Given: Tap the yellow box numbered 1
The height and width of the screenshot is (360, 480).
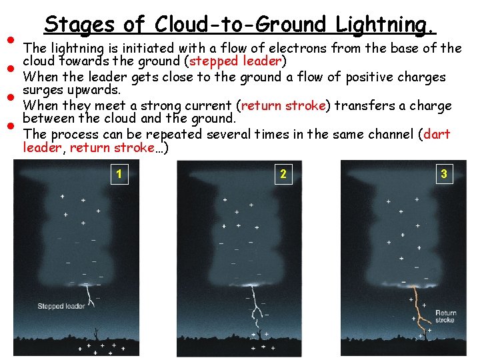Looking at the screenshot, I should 119,175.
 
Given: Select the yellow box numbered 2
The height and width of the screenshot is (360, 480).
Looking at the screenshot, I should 283,175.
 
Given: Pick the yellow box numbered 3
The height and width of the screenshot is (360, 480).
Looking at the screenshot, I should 443,175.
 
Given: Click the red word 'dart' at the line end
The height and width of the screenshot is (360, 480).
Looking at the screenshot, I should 437,134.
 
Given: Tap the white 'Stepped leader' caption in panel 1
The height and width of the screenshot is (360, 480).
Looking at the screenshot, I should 60,306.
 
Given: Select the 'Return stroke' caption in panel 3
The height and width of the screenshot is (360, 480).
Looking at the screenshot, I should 445,316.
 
